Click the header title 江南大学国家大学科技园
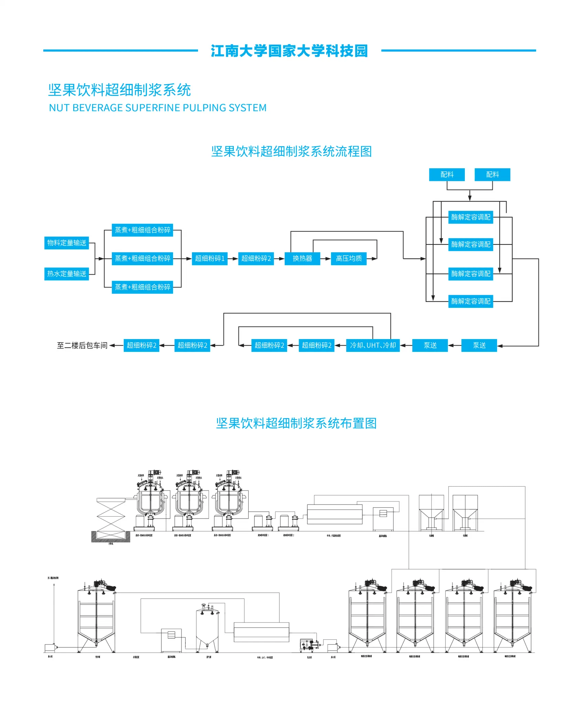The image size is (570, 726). [289, 51]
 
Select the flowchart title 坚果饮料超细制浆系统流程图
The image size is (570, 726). [292, 152]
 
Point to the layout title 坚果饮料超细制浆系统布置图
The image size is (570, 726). [296, 423]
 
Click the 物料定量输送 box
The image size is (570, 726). [67, 243]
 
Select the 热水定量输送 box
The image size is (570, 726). [67, 274]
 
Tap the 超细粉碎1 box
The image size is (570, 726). [210, 259]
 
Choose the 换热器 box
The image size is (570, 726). [302, 259]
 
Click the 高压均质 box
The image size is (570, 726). [349, 259]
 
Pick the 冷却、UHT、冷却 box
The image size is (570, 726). [373, 345]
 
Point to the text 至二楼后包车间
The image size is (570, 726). [82, 346]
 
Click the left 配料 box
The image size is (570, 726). [447, 175]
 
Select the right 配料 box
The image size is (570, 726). [492, 175]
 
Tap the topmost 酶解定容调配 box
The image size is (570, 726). [471, 217]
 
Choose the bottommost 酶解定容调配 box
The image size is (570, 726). [471, 301]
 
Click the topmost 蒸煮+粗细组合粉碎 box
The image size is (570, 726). [142, 230]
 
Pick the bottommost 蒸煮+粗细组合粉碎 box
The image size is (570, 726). [142, 287]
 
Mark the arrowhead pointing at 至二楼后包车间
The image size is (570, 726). [112, 346]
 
